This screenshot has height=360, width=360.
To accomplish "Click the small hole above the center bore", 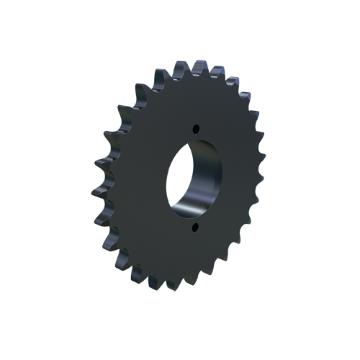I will [x=194, y=129].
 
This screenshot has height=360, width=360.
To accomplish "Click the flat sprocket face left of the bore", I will [x=140, y=180].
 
